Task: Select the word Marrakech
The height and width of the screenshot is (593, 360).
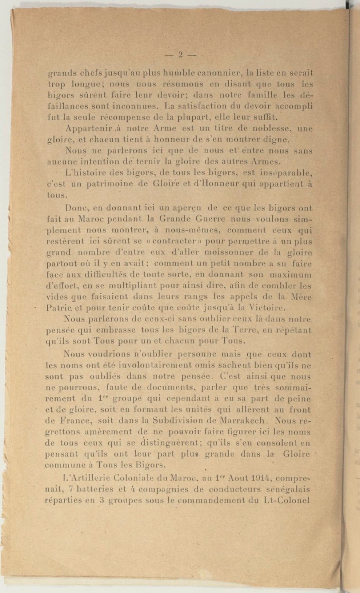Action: click(x=242, y=421)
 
